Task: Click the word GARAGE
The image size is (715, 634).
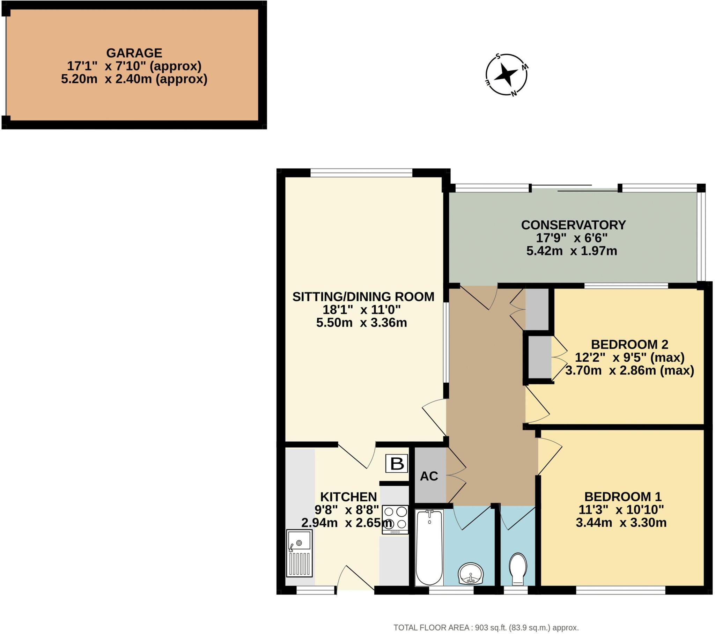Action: pos(134,53)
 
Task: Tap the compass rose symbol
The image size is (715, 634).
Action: pos(506,74)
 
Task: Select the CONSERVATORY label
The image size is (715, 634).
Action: pos(573,225)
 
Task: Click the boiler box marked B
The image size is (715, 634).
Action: pos(397,464)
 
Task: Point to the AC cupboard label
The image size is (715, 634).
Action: pos(429,476)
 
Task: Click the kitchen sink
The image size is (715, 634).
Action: pos(300,553)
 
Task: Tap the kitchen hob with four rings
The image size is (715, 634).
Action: pos(395,519)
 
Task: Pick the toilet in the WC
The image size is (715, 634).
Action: pos(518,569)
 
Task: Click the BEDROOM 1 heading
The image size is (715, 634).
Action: pos(622,496)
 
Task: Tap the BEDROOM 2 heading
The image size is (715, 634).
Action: pos(629,344)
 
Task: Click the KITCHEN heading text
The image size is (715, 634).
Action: pos(348,497)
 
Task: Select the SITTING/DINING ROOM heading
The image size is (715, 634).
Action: pos(363,297)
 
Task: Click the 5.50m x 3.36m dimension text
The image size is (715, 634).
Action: pos(361,322)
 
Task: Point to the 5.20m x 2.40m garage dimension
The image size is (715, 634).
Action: pos(134,79)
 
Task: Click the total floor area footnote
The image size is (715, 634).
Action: pos(486,628)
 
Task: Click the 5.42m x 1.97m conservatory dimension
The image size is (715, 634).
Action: pos(572,251)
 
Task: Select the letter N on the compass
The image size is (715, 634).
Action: pos(514,94)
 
